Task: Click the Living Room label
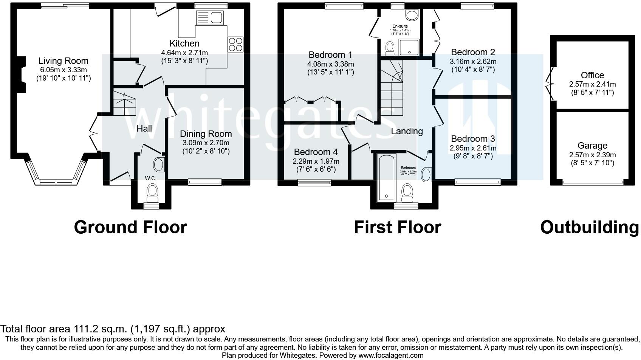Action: tap(63, 61)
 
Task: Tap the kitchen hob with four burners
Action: tap(236, 44)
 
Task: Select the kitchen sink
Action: tap(210, 17)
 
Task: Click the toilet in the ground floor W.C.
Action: tap(153, 191)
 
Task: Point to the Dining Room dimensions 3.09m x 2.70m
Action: tap(206, 143)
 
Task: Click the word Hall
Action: tap(144, 129)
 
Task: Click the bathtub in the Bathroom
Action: tap(386, 177)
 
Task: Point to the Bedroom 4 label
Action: tap(316, 152)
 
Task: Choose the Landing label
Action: tap(407, 131)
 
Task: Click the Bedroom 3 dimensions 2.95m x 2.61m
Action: tap(473, 148)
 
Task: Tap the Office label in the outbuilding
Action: tap(592, 75)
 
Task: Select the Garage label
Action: tap(592, 146)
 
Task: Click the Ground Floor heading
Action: tap(130, 227)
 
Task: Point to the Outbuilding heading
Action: tap(590, 227)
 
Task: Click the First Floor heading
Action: tap(397, 227)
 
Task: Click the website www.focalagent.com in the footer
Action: tap(391, 355)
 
